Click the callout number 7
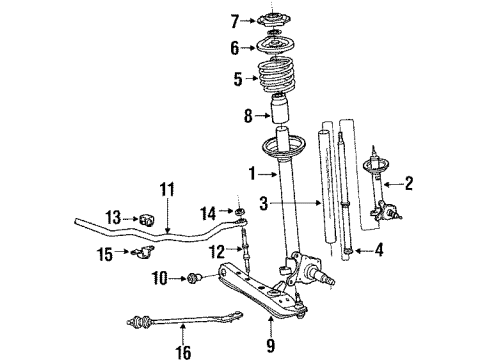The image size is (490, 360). click(x=235, y=20)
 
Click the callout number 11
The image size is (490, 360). click(x=166, y=188)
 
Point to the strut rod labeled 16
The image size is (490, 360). click(x=185, y=323)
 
